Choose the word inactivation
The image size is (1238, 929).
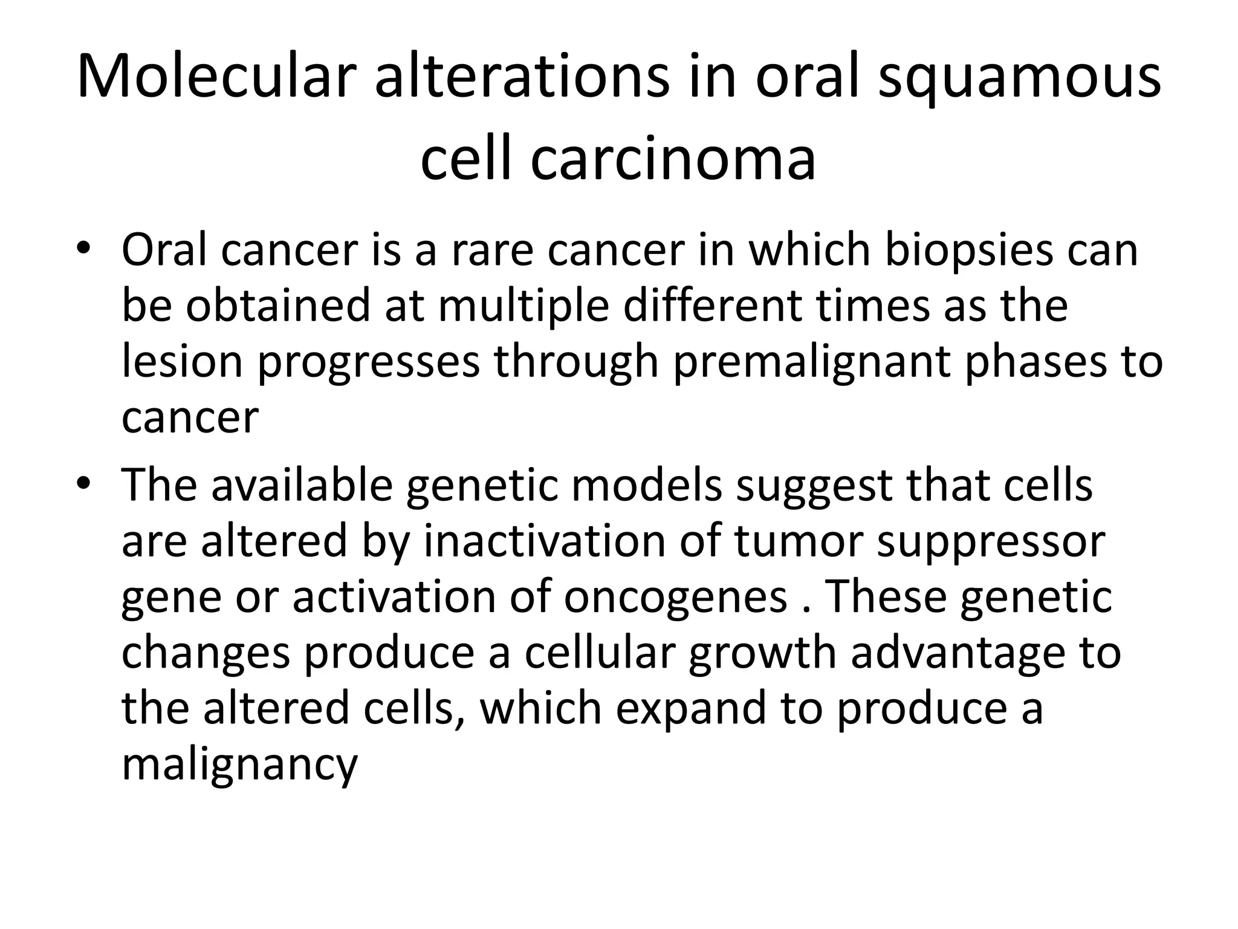[x=544, y=541]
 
